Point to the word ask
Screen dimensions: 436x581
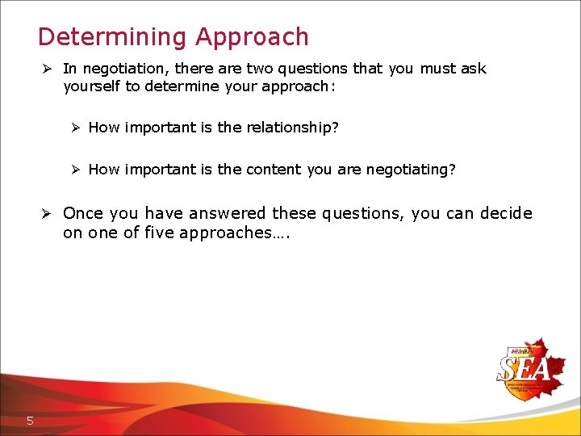(x=474, y=69)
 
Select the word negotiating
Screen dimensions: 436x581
(x=411, y=170)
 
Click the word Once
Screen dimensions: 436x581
(x=81, y=214)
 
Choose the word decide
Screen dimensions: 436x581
(x=506, y=214)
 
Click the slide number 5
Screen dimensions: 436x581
(x=30, y=420)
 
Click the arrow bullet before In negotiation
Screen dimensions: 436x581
(x=47, y=69)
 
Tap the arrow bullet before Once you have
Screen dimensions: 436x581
(x=47, y=214)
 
